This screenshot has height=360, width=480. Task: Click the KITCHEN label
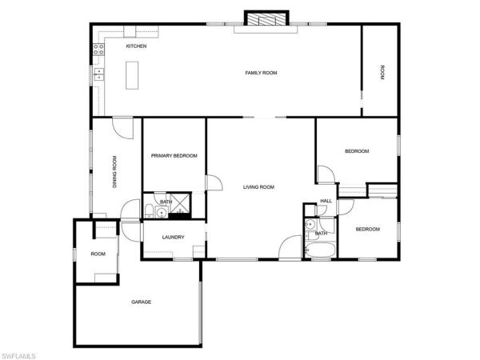tap(136, 46)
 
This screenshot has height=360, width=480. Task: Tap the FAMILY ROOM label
tap(261, 73)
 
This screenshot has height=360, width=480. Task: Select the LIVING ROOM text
tap(258, 187)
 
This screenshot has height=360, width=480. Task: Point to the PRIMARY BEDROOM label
tap(174, 156)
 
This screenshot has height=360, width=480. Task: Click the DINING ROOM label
tap(114, 172)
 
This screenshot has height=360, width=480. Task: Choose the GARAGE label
tap(141, 302)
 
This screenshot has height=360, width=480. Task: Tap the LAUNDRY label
tap(174, 238)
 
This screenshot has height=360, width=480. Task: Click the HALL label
tap(326, 201)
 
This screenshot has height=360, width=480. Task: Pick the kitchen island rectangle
tap(132, 75)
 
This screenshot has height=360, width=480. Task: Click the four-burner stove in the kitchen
tap(98, 50)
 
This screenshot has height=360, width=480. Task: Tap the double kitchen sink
tap(99, 74)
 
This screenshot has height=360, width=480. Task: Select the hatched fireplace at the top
tap(266, 19)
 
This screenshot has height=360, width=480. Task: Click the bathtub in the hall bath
tap(320, 250)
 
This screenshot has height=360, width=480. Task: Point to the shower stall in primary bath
tap(180, 203)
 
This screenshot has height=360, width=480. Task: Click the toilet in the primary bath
tap(149, 211)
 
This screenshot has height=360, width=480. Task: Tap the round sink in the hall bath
tap(310, 224)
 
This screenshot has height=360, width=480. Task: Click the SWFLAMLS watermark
tap(18, 356)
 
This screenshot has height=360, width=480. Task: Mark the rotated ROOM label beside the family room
tap(382, 73)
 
